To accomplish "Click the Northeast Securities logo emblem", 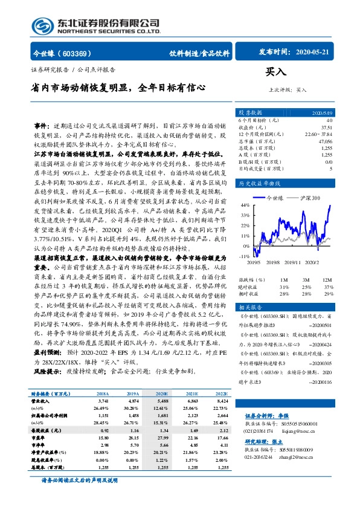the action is click(40, 25).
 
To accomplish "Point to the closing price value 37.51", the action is click(327, 127).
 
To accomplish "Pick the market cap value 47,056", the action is click(325, 141).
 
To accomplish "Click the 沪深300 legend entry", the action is click(312, 198).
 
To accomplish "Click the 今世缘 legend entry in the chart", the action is click(277, 198).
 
